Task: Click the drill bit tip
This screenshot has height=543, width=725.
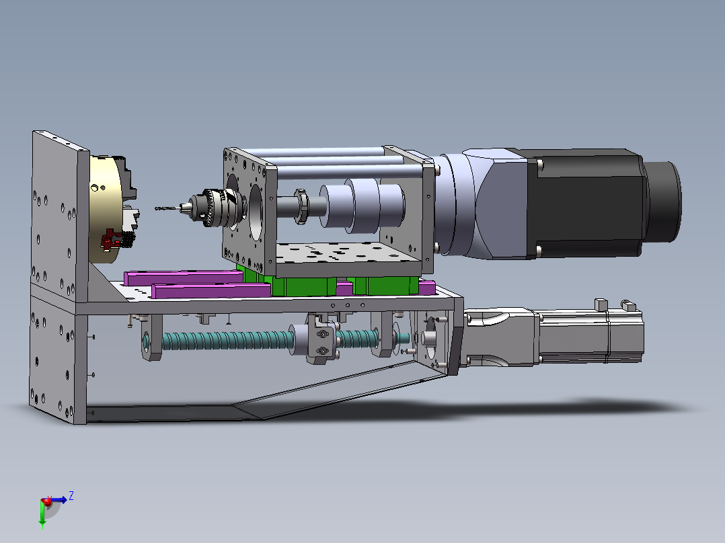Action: click(x=155, y=208)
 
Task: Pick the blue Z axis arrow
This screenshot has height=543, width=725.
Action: click(x=59, y=500)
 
